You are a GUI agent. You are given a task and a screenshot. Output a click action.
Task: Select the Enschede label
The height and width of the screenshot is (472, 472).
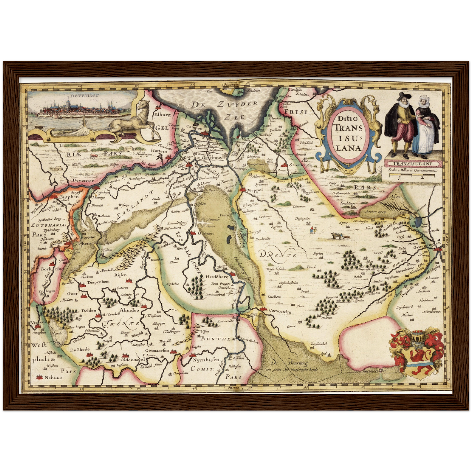click(80, 349)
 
